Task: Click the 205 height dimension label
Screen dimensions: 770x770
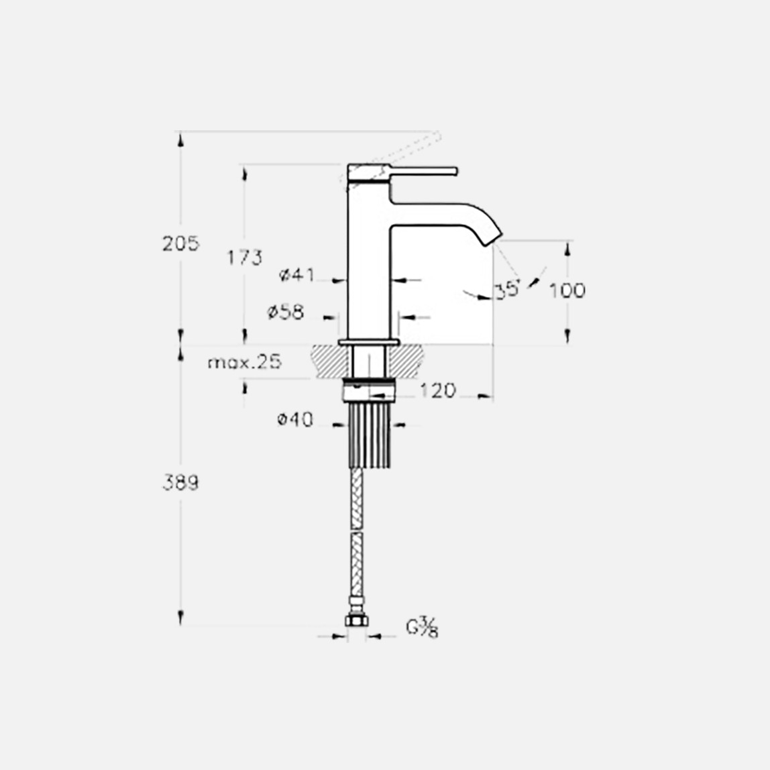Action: point(181,243)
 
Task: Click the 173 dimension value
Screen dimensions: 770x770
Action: point(244,257)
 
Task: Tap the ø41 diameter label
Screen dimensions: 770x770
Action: point(296,274)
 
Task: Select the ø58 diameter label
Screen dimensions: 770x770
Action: point(286,312)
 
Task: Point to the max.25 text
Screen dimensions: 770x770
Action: point(244,363)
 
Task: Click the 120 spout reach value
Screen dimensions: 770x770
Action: point(438,390)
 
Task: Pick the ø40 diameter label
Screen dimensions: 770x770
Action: point(295,421)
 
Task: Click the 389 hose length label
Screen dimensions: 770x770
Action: point(181,482)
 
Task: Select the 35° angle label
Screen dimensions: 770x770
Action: point(507,290)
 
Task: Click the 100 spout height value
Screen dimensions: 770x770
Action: point(567,290)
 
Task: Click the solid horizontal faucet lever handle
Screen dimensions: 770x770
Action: point(423,170)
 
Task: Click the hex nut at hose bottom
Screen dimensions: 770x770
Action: point(357,620)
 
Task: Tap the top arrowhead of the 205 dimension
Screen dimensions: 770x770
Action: point(180,138)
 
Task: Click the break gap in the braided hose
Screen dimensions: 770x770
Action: point(357,528)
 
